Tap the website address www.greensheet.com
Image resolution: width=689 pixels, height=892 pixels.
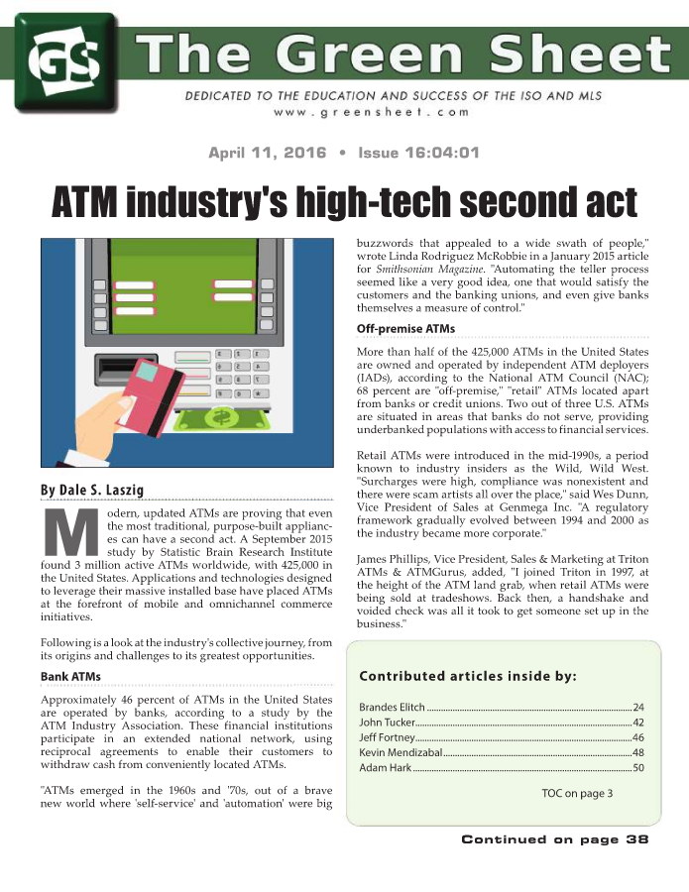(385, 114)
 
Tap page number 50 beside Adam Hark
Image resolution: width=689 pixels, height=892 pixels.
(638, 767)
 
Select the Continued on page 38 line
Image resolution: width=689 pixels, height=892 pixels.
(554, 839)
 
